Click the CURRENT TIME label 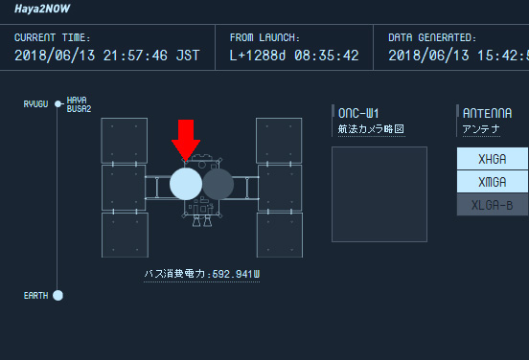(x=49, y=37)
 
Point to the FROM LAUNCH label (x=265, y=37)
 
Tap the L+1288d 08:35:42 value (x=294, y=55)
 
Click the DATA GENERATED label (x=431, y=37)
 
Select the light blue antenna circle (x=186, y=183)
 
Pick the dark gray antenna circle (x=218, y=183)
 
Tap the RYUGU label (x=36, y=102)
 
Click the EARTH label (x=35, y=296)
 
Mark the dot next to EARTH (x=58, y=295)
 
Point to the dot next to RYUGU (x=58, y=102)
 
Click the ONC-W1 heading (x=360, y=112)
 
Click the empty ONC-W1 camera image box (x=379, y=193)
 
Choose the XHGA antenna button (x=493, y=159)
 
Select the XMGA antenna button (x=493, y=182)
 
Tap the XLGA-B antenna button (x=493, y=205)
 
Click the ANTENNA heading (x=489, y=112)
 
